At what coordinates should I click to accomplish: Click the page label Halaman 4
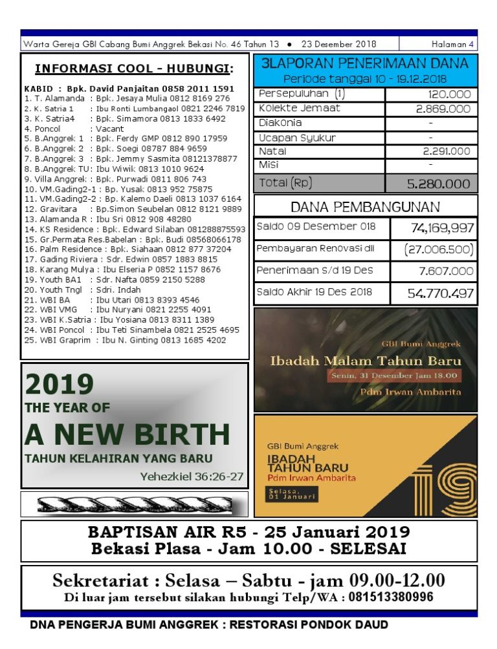(452, 45)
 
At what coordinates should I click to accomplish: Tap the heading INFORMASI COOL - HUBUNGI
(134, 69)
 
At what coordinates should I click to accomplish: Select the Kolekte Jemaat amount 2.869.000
(443, 109)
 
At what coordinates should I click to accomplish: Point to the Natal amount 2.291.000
(447, 151)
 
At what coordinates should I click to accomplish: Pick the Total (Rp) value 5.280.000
(438, 184)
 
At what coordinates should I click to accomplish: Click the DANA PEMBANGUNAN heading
(365, 207)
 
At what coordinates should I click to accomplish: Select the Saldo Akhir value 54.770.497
(440, 293)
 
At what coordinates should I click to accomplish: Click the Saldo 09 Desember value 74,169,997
(442, 228)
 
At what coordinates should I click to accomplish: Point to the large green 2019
(60, 385)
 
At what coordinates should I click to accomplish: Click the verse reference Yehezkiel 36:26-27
(192, 477)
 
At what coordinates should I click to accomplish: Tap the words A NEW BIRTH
(127, 435)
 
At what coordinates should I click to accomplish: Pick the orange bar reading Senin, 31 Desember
(394, 375)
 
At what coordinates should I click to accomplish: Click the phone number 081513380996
(391, 597)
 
